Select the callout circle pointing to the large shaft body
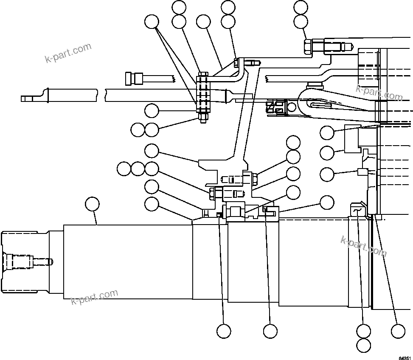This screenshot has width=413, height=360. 92,204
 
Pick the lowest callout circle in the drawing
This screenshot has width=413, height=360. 364,344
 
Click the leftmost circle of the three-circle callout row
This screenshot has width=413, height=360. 124,169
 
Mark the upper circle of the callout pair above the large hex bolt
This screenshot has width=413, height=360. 301,7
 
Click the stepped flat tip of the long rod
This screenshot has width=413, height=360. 27,98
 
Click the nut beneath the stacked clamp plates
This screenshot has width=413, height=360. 202,118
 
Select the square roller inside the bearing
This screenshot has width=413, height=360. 236,211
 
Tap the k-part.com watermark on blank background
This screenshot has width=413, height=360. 68,52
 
